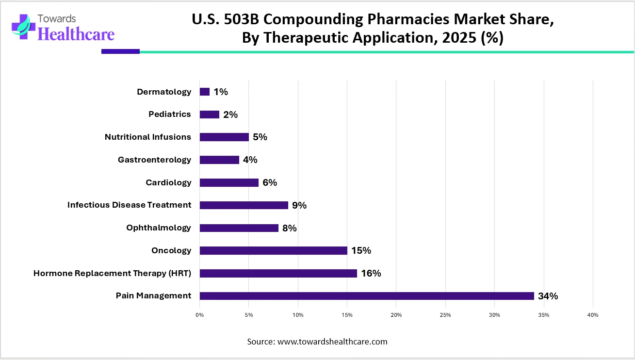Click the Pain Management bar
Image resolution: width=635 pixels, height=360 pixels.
367,296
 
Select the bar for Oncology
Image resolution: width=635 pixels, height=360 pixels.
273,250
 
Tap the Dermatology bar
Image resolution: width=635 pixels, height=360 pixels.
205,92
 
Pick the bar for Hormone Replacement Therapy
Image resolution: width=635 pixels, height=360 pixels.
278,273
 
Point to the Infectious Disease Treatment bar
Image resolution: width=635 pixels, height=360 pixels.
244,205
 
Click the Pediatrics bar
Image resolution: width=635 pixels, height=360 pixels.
210,115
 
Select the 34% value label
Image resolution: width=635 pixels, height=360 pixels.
548,296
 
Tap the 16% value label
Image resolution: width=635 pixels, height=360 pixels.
371,273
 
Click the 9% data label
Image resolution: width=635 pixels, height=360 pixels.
299,205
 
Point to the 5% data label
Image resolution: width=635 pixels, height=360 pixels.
260,137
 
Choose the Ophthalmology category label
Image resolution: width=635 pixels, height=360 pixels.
159,228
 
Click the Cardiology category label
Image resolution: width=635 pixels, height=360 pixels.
168,182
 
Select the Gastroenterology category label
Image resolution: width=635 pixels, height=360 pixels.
154,160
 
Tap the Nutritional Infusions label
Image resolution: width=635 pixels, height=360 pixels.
148,137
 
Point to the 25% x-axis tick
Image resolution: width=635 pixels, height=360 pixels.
445,315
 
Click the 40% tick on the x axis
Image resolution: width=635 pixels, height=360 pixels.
592,315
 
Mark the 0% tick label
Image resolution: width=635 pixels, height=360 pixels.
199,315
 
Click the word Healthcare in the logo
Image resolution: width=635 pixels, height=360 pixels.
76,33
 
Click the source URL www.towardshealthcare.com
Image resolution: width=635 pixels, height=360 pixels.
332,342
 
